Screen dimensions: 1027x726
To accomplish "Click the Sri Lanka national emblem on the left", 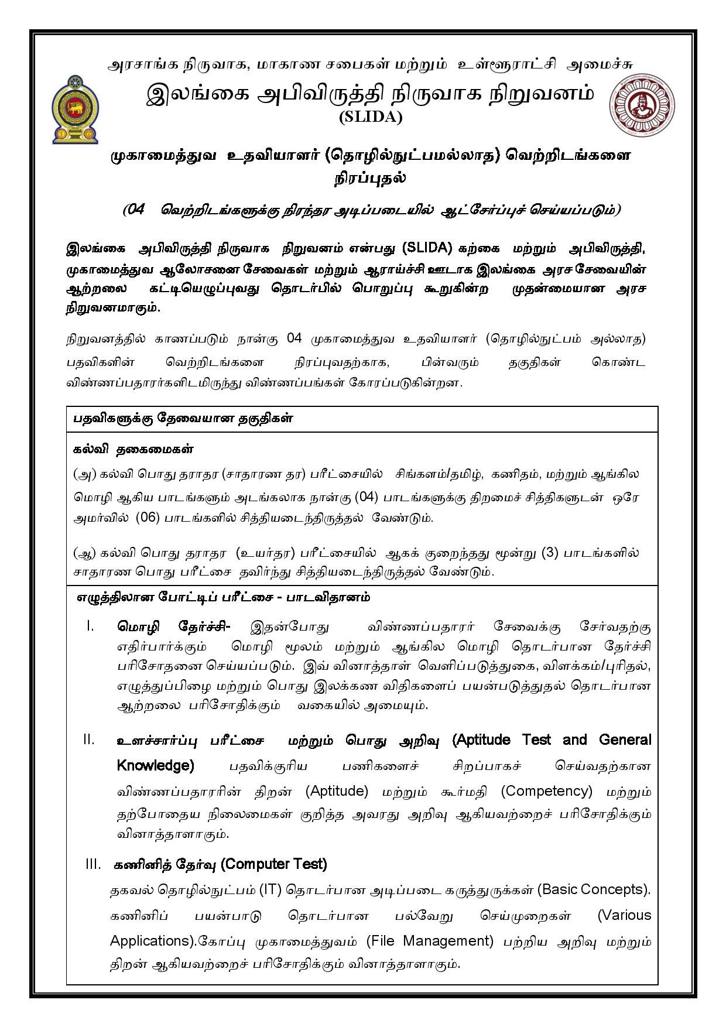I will coord(76,109).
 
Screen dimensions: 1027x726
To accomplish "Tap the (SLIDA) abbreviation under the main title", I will coord(371,117).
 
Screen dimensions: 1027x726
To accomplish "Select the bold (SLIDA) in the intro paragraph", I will coord(428,248).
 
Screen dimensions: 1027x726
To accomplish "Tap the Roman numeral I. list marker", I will coord(90,627).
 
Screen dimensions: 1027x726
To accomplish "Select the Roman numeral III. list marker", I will coord(93,864).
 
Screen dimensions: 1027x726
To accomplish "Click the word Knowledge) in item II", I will coord(155,765).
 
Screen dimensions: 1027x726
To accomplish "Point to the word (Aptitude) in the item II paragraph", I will coord(337,791).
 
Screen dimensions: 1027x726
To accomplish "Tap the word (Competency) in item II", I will coord(547,791).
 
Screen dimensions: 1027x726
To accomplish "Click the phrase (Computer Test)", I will coord(274,864).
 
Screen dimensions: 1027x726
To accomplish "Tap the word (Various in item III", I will coord(624,915).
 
